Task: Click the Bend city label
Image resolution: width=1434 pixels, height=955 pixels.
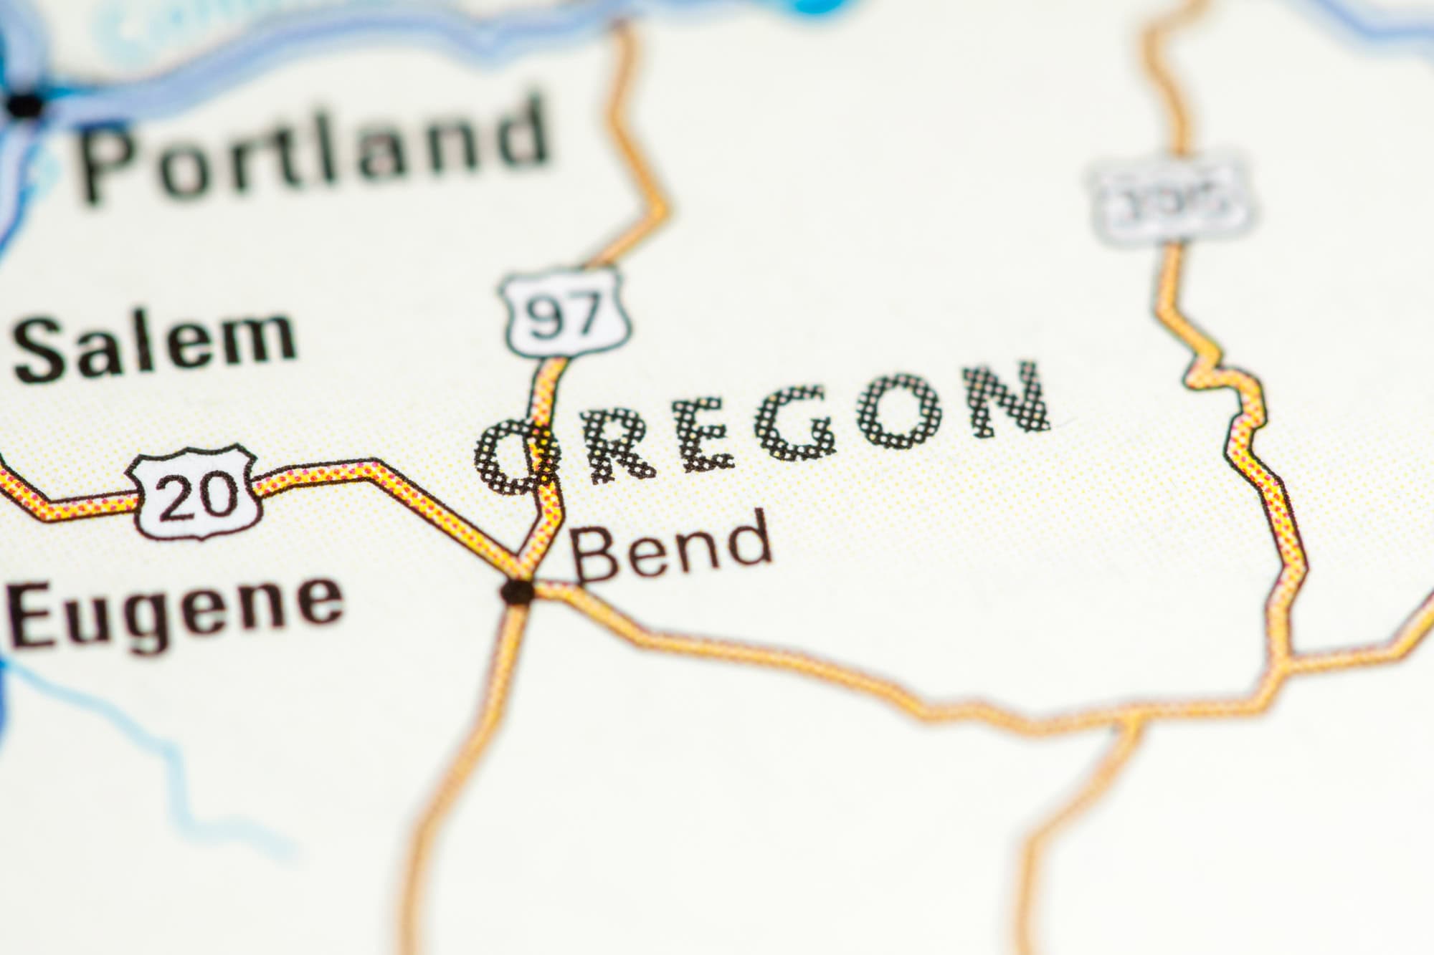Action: (670, 548)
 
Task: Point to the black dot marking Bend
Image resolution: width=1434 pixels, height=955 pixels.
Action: (518, 591)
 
